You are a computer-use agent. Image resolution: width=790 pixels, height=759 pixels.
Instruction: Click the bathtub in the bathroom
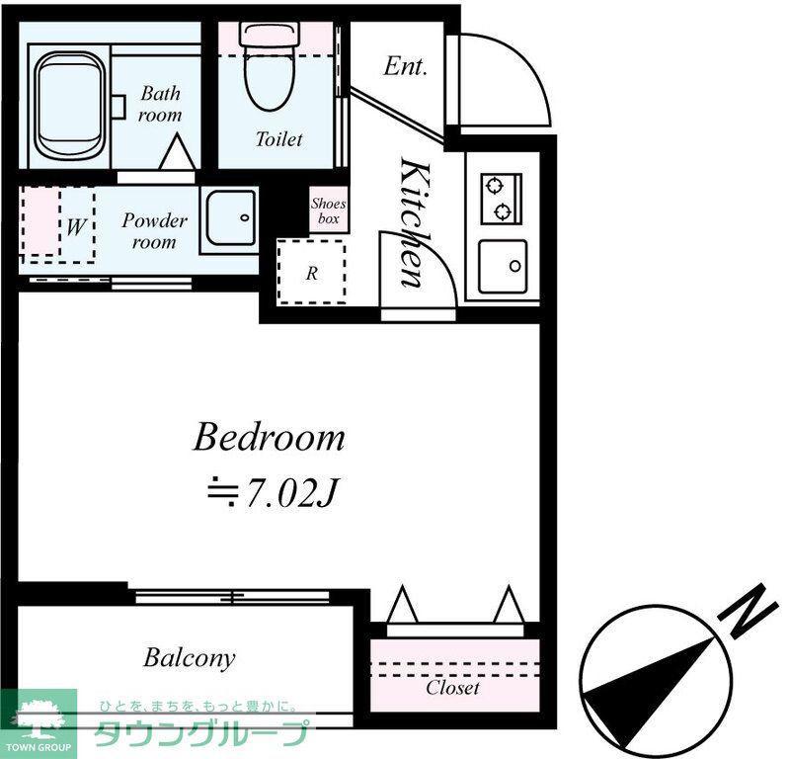[71, 106]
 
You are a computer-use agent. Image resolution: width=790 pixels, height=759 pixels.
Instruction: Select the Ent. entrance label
[405, 66]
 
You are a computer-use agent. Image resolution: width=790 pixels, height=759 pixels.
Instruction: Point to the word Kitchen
[416, 222]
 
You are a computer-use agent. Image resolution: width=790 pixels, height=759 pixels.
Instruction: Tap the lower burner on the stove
[503, 211]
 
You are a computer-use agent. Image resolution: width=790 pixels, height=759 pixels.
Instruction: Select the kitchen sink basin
[503, 266]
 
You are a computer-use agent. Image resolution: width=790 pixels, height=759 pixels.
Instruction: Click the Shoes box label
[329, 211]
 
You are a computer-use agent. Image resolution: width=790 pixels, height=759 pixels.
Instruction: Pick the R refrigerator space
[312, 273]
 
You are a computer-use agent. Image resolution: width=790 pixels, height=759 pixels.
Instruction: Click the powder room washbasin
[230, 218]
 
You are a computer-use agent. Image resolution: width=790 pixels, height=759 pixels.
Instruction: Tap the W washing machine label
[76, 226]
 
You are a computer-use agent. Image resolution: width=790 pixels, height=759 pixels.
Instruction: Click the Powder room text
[154, 231]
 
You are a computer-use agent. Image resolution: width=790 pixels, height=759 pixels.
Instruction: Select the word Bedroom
[270, 437]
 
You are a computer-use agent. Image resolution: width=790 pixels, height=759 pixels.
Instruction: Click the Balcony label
[190, 658]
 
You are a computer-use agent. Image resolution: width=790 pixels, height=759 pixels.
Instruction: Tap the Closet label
[452, 688]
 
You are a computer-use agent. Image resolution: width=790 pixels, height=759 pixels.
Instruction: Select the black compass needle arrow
[650, 695]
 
